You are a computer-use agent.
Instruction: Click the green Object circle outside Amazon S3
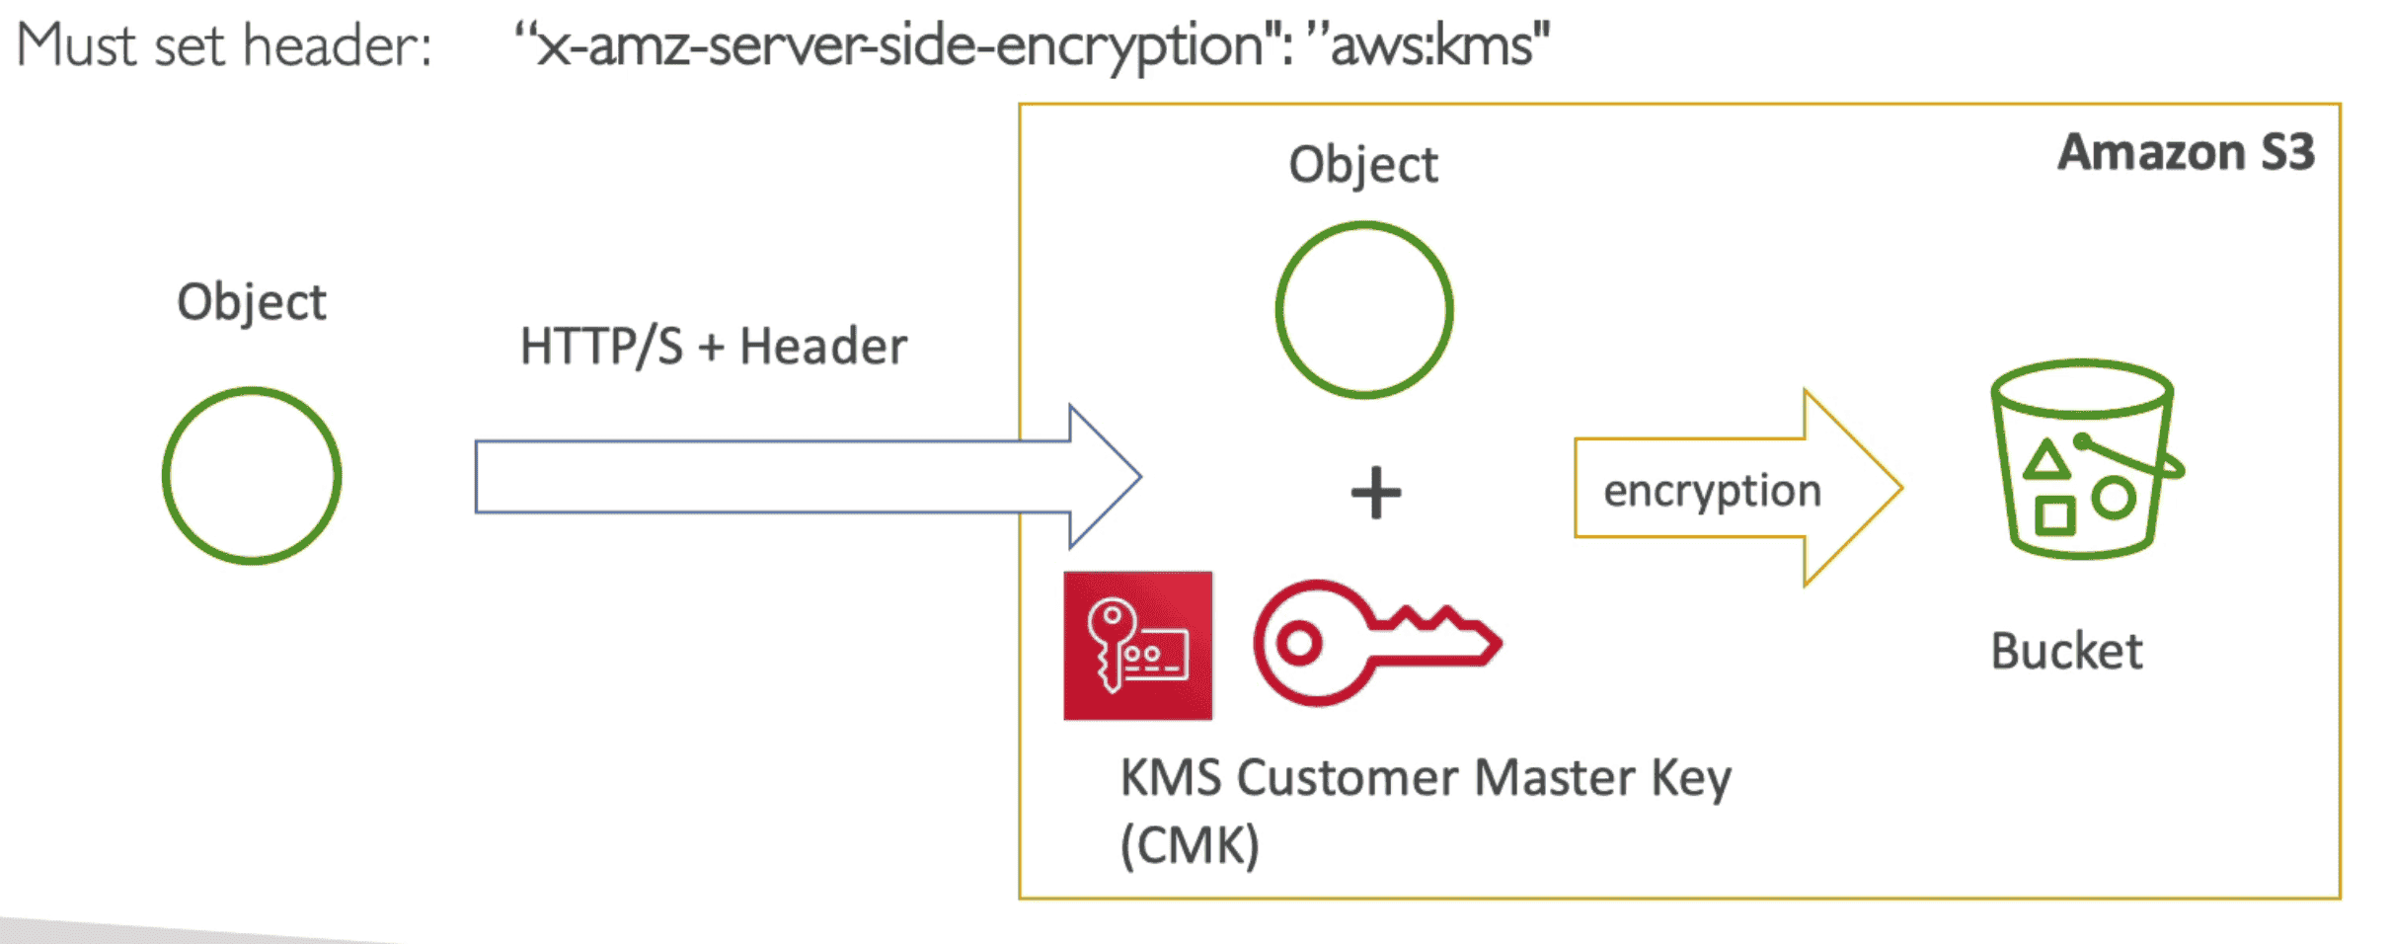252,475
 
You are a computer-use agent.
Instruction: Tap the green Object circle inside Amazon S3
1364,310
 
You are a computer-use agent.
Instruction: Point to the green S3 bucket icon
2083,459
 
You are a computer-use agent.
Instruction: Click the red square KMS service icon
1137,645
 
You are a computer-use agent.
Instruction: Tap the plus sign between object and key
1375,493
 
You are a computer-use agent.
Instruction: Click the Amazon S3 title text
2186,153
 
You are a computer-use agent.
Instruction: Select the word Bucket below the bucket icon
2066,652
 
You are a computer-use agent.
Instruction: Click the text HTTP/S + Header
713,347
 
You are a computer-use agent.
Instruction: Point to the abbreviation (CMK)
1190,845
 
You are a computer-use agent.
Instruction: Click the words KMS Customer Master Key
1425,778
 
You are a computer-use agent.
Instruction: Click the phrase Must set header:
224,45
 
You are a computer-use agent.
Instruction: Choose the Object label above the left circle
251,302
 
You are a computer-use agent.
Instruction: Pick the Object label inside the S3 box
1363,165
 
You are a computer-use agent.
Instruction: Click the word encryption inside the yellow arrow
1712,491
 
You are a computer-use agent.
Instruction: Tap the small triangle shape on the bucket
2046,461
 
